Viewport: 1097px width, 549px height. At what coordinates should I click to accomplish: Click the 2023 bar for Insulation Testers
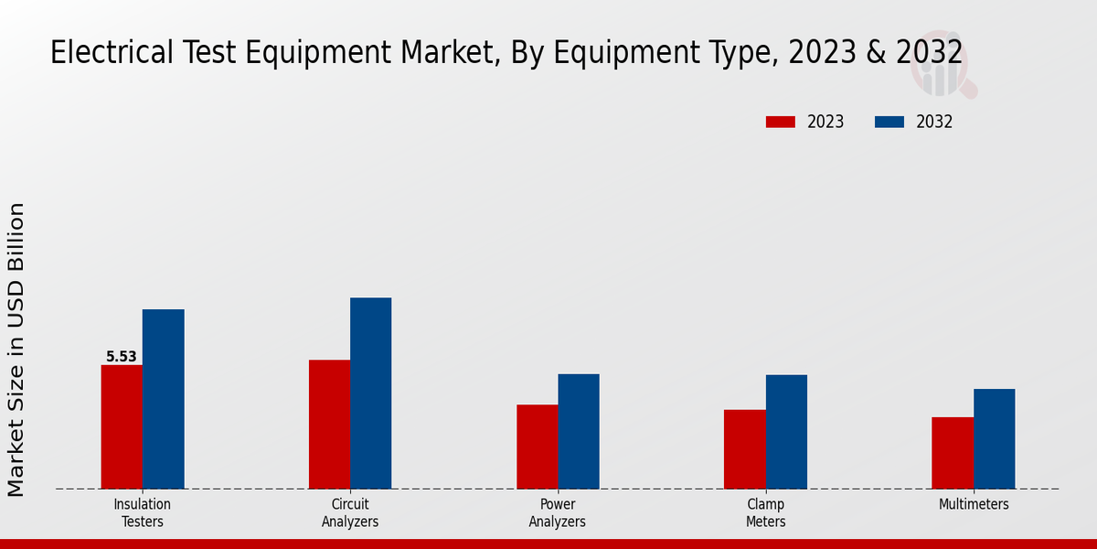point(122,426)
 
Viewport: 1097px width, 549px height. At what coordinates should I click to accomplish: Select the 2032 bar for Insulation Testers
point(163,399)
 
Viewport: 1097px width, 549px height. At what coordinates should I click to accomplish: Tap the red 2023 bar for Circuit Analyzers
point(329,424)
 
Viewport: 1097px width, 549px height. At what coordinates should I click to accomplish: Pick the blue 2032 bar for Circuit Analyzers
point(370,393)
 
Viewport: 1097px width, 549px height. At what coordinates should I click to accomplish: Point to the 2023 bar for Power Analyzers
point(537,447)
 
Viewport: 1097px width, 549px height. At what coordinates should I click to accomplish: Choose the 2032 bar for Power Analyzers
point(579,431)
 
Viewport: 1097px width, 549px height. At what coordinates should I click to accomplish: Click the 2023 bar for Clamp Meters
point(744,448)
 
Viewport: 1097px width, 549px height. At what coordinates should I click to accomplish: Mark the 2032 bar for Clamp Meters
point(786,432)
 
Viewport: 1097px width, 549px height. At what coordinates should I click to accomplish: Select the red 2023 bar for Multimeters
point(953,453)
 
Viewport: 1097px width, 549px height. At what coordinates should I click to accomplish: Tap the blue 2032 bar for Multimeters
point(994,438)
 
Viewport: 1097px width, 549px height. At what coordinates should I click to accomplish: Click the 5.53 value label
point(121,357)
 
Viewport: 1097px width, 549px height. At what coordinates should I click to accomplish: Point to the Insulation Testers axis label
point(142,513)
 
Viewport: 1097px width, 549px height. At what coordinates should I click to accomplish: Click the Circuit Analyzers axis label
point(349,513)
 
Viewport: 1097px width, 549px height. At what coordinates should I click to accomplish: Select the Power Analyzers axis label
point(557,513)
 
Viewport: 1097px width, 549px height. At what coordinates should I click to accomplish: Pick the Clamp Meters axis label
point(765,513)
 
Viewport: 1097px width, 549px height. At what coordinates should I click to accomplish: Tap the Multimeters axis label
point(974,505)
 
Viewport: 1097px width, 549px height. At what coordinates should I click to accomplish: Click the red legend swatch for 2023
point(780,122)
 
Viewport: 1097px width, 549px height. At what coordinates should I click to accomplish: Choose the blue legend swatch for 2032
point(889,122)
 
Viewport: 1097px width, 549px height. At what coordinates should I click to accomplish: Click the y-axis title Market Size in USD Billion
point(16,350)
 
